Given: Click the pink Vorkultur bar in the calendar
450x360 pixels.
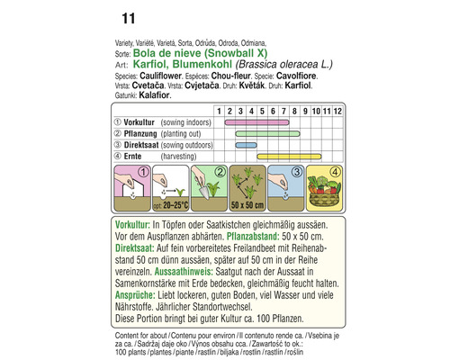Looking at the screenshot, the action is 256,121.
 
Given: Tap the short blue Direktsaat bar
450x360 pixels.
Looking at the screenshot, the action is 245,144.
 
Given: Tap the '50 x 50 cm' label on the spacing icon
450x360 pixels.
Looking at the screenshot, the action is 245,205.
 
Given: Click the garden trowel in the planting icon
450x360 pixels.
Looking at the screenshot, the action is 205,189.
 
